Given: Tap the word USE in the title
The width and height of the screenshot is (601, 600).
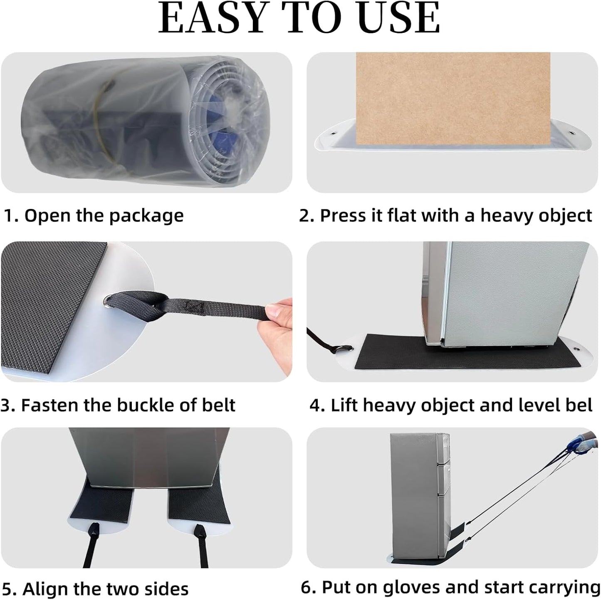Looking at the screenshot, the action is click(x=400, y=18).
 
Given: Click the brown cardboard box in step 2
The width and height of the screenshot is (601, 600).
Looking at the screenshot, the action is click(x=453, y=99).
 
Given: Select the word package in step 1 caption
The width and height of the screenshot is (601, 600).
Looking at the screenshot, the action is click(x=146, y=216).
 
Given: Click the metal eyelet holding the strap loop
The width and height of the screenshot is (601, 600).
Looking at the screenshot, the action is click(x=109, y=301).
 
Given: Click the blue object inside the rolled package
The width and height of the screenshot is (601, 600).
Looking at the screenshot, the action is click(x=218, y=116).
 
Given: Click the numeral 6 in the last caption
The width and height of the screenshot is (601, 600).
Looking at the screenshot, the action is click(x=306, y=587).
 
